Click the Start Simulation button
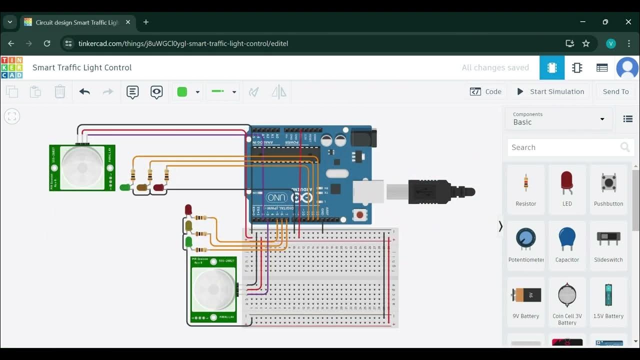tap(550, 91)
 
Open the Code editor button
tap(485, 91)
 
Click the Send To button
tap(615, 91)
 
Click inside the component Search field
tap(562, 147)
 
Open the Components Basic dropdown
tap(558, 118)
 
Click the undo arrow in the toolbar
tap(84, 91)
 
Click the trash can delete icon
tap(59, 91)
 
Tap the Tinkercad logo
tap(11, 67)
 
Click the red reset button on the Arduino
tap(359, 215)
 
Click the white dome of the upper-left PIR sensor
tap(82, 167)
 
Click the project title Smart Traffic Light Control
tap(82, 67)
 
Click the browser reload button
tap(47, 43)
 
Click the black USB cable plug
tap(435, 191)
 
